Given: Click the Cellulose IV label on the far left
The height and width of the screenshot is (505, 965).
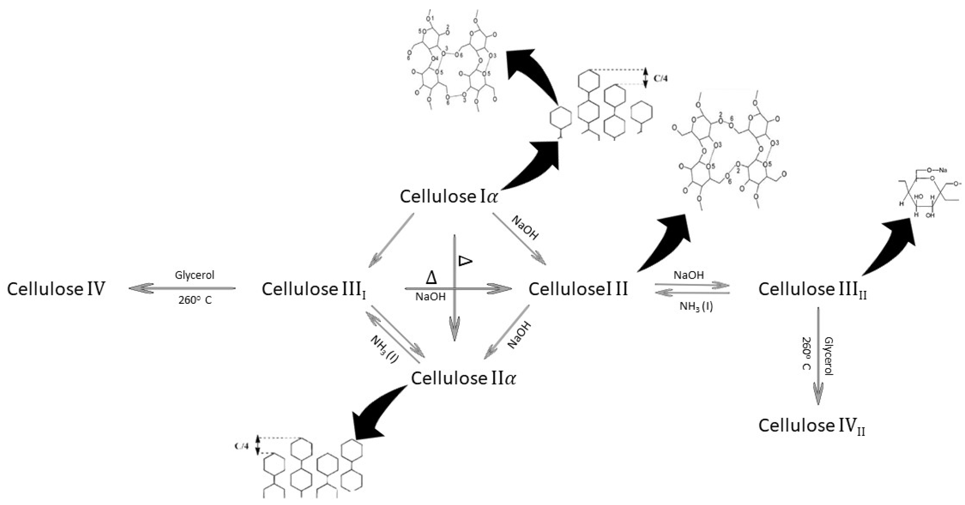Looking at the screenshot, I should click(56, 289).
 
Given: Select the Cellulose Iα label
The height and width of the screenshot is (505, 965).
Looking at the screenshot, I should click(449, 196).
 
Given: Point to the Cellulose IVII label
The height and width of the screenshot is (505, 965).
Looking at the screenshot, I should click(812, 426).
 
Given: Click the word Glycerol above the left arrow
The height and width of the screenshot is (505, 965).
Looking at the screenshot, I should click(194, 275).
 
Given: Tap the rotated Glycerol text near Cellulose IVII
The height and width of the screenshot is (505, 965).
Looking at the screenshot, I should click(829, 356).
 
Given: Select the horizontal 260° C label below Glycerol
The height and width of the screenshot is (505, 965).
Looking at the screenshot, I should click(195, 301).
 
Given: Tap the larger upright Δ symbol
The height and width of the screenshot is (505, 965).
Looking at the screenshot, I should click(431, 278).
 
